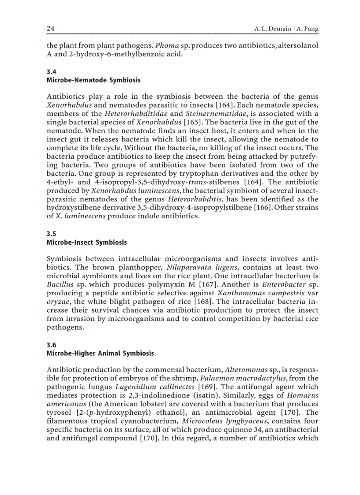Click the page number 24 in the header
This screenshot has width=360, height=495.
pyautogui.click(x=50, y=29)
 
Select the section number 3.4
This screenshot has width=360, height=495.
pyautogui.click(x=51, y=72)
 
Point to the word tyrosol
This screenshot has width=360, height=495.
pyautogui.click(x=59, y=412)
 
